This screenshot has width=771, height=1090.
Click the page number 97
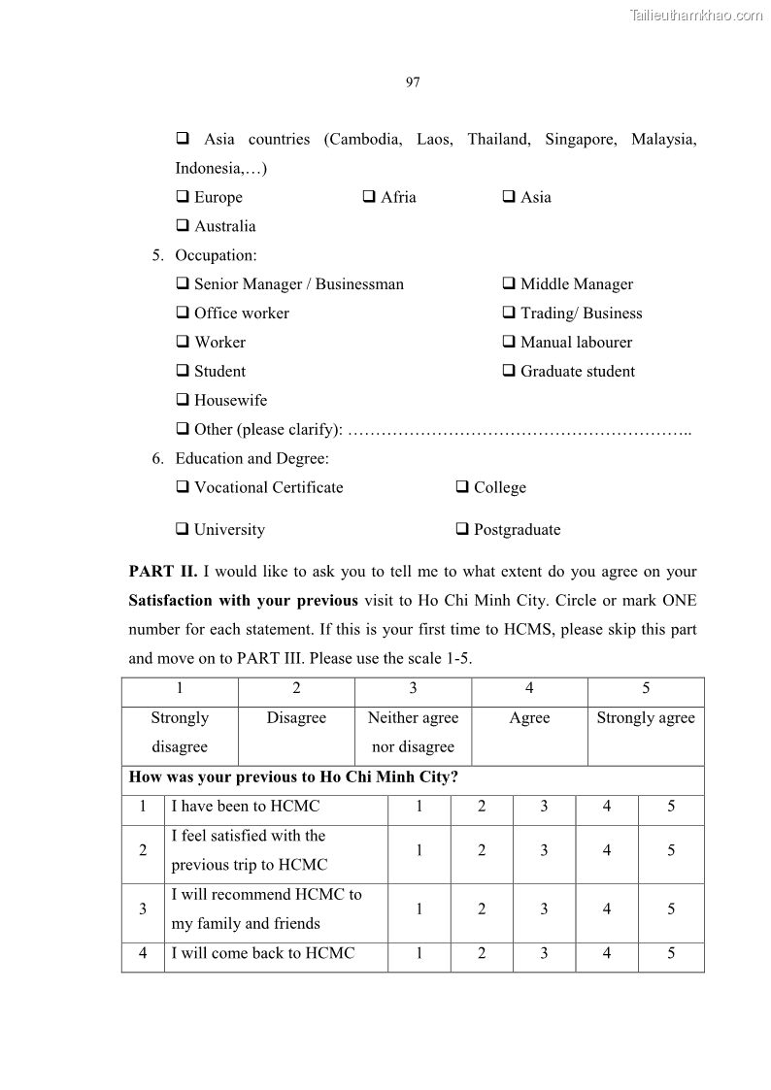(x=413, y=82)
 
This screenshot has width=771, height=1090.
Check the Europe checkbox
(x=183, y=197)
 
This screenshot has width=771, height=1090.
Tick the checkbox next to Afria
(x=369, y=197)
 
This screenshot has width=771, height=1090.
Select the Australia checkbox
(x=183, y=226)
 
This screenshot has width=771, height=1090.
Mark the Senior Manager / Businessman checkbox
(x=183, y=284)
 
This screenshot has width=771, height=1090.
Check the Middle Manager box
(x=509, y=284)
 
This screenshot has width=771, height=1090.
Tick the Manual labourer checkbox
(x=509, y=343)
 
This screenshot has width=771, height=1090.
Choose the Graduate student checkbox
(x=509, y=372)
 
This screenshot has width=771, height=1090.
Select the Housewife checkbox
(x=183, y=401)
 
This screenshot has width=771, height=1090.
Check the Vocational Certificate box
(x=183, y=488)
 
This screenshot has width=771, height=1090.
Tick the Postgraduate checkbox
(x=462, y=530)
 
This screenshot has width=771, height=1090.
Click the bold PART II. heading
(x=163, y=572)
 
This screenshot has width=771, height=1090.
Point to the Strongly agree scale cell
(x=646, y=718)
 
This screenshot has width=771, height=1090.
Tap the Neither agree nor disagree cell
(x=413, y=732)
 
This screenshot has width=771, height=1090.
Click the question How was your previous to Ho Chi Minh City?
(x=294, y=778)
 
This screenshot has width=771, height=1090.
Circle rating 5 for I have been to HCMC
(x=671, y=807)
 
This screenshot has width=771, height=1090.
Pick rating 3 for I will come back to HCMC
(x=544, y=953)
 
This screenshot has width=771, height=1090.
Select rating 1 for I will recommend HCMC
(x=419, y=909)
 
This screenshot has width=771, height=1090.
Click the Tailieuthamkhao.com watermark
(x=695, y=15)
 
